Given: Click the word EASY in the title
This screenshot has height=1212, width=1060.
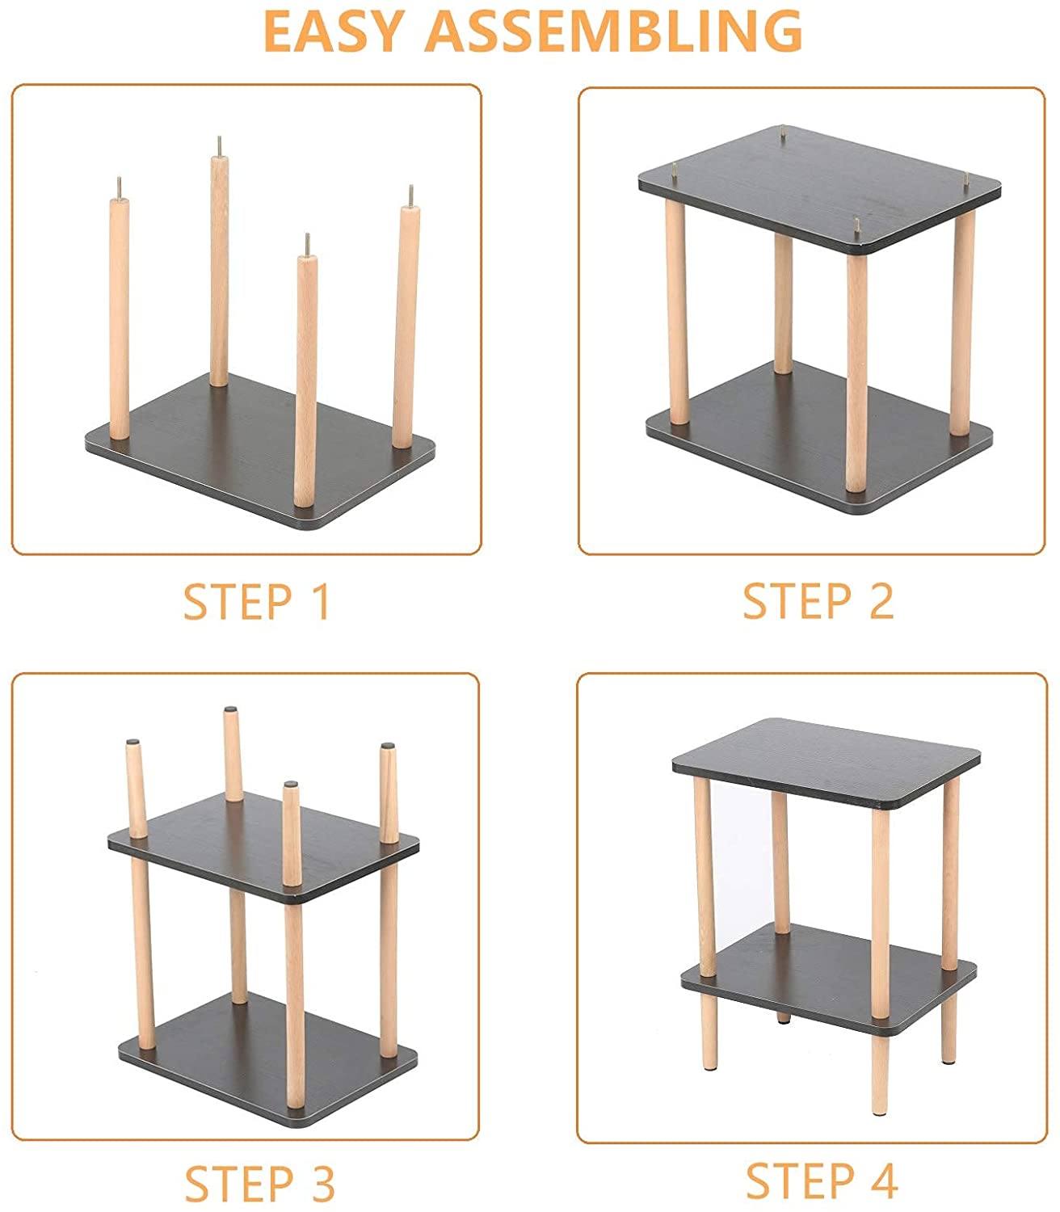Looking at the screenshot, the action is coord(334,32).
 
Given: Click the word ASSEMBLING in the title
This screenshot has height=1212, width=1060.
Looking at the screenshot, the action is coord(613,32).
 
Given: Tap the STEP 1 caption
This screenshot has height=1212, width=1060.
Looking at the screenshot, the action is coord(256,603).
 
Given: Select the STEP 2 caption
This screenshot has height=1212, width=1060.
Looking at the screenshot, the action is coord(818,601).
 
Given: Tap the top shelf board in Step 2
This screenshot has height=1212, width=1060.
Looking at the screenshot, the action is coord(819,190).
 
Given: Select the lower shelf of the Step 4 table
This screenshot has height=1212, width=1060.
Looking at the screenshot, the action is coord(829,980).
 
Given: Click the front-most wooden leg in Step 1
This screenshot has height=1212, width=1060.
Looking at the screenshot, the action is coord(305,379).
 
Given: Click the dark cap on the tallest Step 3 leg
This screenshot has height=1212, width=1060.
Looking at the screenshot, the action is coord(230,709).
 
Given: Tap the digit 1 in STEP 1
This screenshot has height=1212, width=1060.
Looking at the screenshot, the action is coord(322,603).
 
